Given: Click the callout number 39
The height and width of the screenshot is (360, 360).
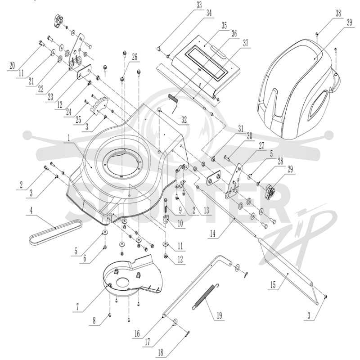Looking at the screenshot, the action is click(x=349, y=22).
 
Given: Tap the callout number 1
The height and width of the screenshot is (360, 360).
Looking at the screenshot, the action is click(x=69, y=138).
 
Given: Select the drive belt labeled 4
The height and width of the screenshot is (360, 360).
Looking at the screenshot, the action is click(x=55, y=232).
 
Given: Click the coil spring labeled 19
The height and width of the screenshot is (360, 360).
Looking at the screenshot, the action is click(x=206, y=297).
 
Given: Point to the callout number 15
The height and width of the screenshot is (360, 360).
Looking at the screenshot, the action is click(x=273, y=285).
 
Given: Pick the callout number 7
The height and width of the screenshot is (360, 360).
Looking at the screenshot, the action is click(x=77, y=307).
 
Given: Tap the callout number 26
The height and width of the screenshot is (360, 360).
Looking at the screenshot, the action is click(x=135, y=57).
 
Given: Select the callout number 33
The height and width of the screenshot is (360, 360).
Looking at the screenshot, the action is click(x=199, y=5).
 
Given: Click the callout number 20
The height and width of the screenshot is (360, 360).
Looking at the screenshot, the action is click(x=12, y=66).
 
